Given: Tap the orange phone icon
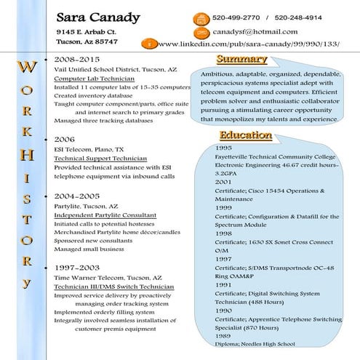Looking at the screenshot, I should coord(200,18).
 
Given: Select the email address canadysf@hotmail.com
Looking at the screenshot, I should coord(255,32).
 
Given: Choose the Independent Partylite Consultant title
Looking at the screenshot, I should coord(105,215).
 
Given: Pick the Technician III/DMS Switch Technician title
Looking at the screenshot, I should coord(113,287).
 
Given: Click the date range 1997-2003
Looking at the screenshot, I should coord(77,268).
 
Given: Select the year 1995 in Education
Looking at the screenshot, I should coord(223,148).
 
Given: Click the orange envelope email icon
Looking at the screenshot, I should coord(200,33).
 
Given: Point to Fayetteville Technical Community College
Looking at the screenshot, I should coord(275,157).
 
